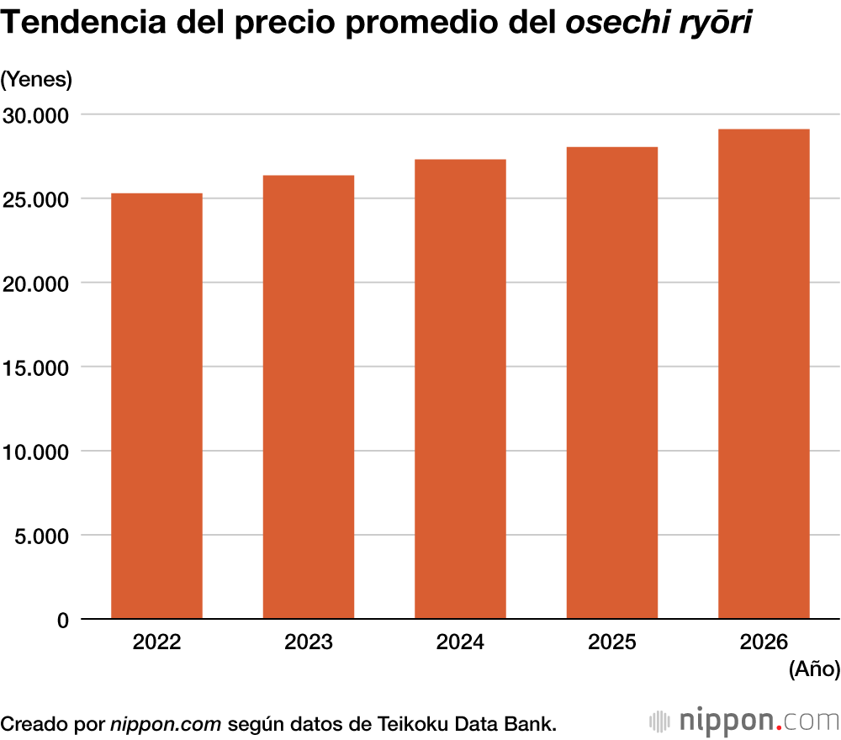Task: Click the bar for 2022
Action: click(156, 406)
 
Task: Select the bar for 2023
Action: click(309, 397)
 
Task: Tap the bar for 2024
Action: click(460, 389)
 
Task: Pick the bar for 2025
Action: click(612, 383)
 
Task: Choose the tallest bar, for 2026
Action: click(764, 374)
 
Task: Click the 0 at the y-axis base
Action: click(62, 621)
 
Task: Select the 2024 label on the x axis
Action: click(460, 643)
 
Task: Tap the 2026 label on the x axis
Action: click(764, 643)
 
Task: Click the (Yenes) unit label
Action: click(37, 79)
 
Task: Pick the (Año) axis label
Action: click(814, 669)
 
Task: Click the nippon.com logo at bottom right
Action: click(744, 721)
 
